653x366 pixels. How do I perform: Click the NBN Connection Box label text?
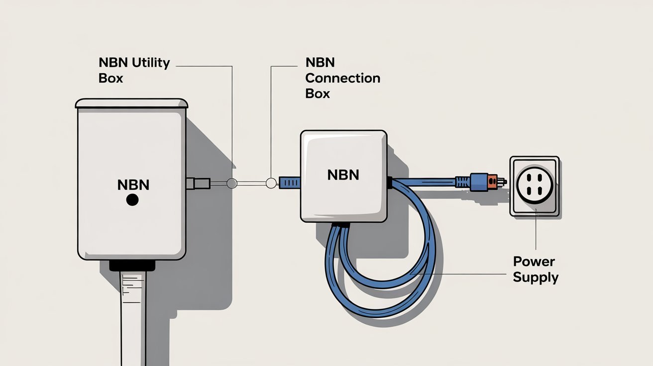pyautogui.click(x=342, y=78)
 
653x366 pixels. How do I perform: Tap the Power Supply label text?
pyautogui.click(x=536, y=270)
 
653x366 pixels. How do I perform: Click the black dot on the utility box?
pyautogui.click(x=132, y=200)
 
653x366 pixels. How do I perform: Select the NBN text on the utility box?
pyautogui.click(x=133, y=185)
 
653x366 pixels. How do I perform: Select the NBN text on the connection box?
pyautogui.click(x=343, y=175)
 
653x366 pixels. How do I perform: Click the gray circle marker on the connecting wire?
pyautogui.click(x=231, y=183)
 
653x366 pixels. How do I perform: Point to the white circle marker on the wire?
pyautogui.click(x=271, y=183)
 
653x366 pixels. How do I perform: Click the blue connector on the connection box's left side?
pyautogui.click(x=290, y=183)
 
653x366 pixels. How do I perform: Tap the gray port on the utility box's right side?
pyautogui.click(x=192, y=183)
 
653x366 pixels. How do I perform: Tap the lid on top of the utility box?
pyautogui.click(x=132, y=103)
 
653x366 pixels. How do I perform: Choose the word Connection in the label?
pyautogui.click(x=342, y=78)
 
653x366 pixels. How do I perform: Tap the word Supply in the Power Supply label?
pyautogui.click(x=536, y=277)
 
